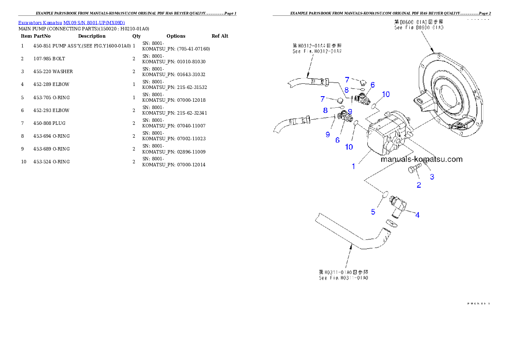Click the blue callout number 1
click(x=353, y=167)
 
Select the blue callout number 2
click(x=419, y=185)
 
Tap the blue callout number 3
click(x=432, y=177)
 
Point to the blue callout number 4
click(x=417, y=215)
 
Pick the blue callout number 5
click(x=373, y=211)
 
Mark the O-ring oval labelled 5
click(x=385, y=195)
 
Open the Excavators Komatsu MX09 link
click(x=71, y=23)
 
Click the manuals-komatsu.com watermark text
click(x=421, y=159)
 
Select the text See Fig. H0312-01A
click(x=317, y=51)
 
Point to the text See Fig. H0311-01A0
click(x=343, y=278)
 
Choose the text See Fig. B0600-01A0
click(x=419, y=27)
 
